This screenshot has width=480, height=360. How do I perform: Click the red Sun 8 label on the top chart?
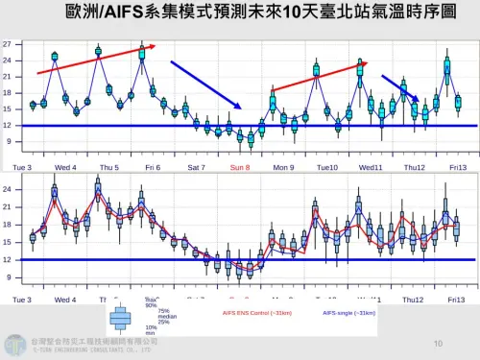tap(240, 167)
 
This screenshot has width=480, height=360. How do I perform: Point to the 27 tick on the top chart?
tap(8, 44)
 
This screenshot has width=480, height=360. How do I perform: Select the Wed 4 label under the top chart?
tap(65, 167)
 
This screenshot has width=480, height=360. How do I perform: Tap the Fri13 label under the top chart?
tap(457, 167)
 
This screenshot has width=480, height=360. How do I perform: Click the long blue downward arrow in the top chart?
tap(205, 84)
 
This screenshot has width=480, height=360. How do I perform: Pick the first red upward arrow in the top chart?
tap(94, 59)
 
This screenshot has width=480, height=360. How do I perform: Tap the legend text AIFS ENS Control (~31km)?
tap(257, 313)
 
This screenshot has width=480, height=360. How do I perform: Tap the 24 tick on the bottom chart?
tap(8, 189)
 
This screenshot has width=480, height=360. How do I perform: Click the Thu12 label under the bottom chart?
tap(415, 300)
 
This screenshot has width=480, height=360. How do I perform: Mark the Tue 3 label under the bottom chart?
tap(22, 300)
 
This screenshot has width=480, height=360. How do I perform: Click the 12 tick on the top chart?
tap(8, 126)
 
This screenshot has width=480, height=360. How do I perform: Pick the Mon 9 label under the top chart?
tap(283, 167)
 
